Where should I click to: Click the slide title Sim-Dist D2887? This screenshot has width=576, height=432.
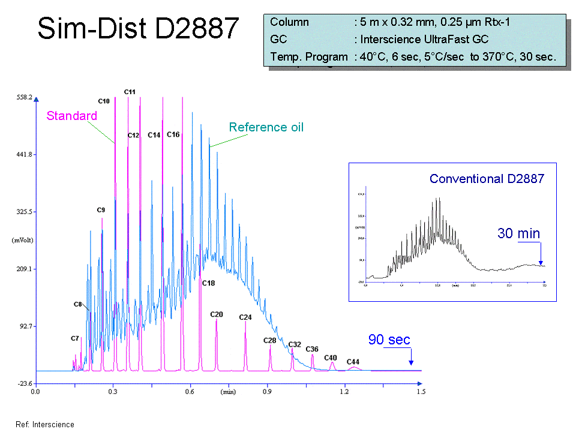(138, 28)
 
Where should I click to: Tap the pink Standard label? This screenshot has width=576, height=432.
(71, 116)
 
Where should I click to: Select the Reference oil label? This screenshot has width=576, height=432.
(266, 127)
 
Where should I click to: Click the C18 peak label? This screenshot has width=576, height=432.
(208, 283)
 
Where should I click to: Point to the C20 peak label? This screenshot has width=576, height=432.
(217, 314)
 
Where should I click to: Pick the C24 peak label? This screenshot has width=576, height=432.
(245, 317)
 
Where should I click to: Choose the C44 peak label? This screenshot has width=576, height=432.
(353, 362)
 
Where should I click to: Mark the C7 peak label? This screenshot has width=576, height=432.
(75, 338)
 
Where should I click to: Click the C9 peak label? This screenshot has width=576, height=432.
(101, 210)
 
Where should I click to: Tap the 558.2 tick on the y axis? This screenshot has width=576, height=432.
(23, 97)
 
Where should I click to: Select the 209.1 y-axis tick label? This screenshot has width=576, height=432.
(23, 269)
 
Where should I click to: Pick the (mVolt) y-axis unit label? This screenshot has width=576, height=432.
(22, 240)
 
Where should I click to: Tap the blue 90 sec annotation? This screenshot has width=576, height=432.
(389, 340)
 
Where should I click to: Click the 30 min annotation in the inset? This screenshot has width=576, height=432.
(518, 233)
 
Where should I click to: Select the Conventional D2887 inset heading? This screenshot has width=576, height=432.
(487, 179)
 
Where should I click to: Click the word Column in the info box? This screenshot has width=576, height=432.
(289, 23)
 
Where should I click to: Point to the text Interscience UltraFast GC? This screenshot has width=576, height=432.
(424, 40)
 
